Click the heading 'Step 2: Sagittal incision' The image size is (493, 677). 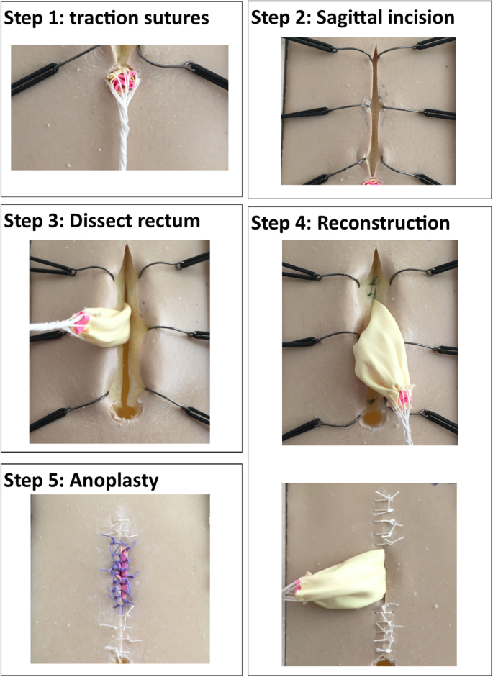point(352,17)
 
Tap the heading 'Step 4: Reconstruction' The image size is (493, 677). point(350,223)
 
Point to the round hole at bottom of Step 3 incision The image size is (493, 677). point(126,412)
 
